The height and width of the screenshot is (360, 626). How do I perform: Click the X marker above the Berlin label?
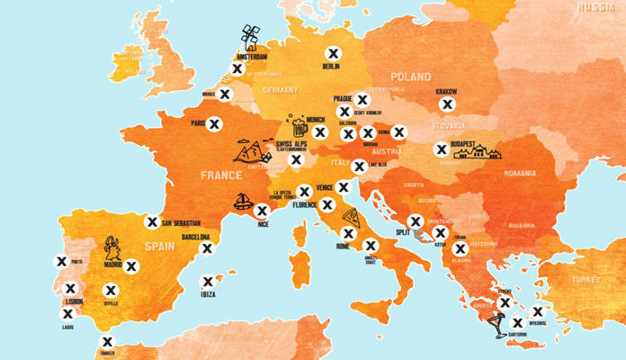(x=332, y=52)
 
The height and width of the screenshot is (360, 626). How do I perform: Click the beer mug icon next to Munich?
(x=296, y=122)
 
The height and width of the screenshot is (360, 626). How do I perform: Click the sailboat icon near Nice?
(x=242, y=200)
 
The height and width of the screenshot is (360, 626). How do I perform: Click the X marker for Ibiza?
(x=209, y=281)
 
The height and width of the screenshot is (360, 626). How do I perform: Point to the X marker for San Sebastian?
(x=152, y=221)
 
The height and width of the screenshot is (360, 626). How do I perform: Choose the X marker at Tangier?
(x=107, y=341)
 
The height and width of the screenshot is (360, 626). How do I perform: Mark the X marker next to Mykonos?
(x=537, y=312)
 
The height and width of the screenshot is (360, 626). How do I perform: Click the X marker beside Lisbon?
(x=71, y=289)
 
